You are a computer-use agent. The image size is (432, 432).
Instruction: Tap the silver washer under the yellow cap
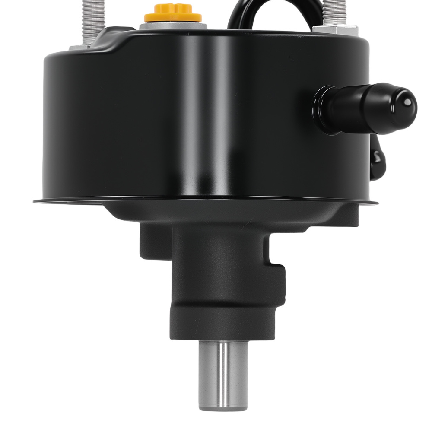(173, 25)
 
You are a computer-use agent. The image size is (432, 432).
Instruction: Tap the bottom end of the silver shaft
(223, 407)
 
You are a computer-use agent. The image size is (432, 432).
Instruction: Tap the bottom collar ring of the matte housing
(222, 322)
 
